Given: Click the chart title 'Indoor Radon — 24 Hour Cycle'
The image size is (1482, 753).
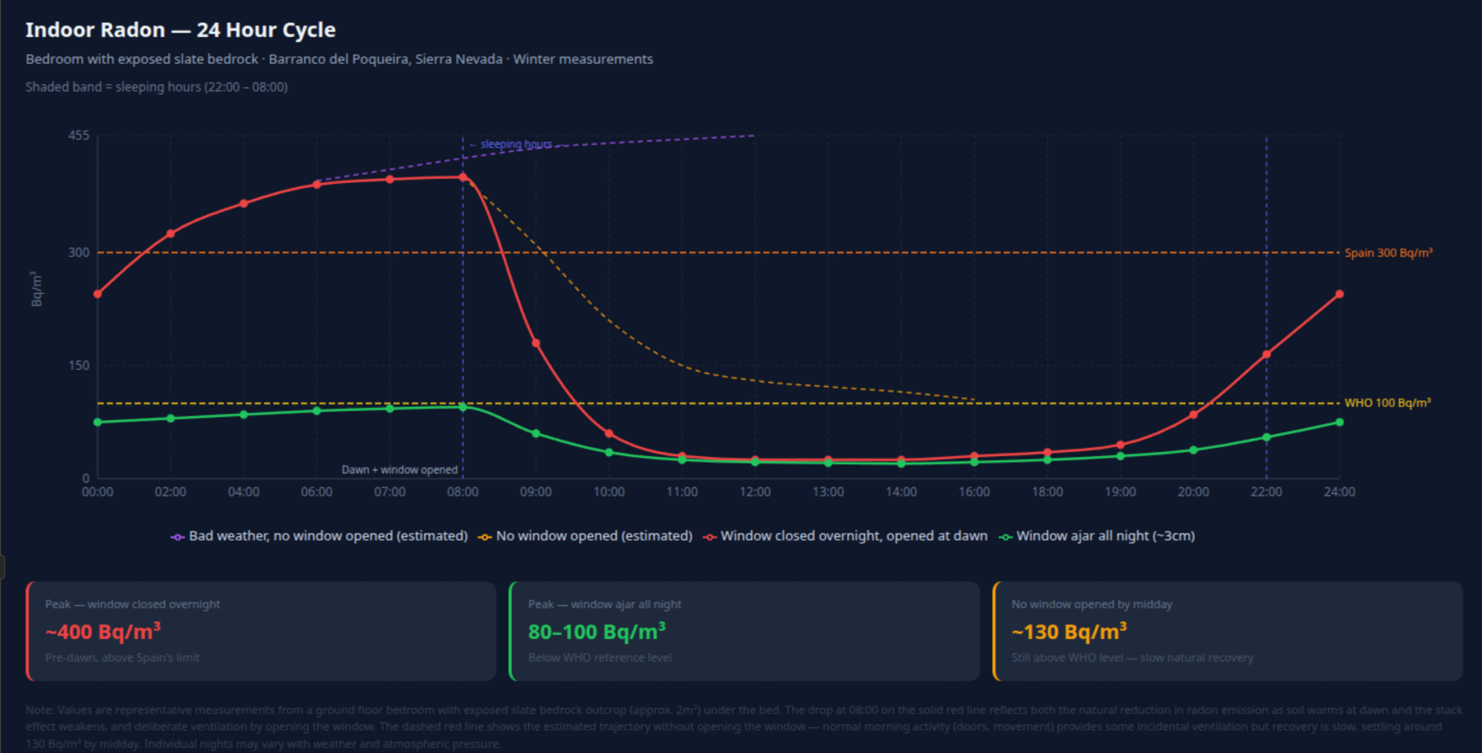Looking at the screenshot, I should point(180,30).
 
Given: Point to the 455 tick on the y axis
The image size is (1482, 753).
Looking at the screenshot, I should point(79,135).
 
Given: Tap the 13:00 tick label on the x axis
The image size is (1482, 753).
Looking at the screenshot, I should point(828,492).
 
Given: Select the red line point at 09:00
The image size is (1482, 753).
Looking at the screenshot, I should point(536,343).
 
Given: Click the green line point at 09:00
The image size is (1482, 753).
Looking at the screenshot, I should point(536,434).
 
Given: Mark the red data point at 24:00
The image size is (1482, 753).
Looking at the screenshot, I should point(1339,294).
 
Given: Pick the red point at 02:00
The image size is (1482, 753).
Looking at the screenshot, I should point(171,234).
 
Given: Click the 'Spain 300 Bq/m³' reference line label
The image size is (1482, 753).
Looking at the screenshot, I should point(1388,253).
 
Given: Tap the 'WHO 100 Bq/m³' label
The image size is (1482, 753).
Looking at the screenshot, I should point(1387,403).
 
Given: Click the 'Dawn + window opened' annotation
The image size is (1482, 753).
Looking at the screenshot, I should point(399,470).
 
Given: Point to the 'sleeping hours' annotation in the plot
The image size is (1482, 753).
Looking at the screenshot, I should point(515,144).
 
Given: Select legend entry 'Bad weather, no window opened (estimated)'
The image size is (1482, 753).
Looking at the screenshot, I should point(328,536).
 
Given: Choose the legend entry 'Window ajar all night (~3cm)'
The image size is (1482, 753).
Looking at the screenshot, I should point(1105,536).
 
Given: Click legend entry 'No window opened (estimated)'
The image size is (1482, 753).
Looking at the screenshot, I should point(594,536).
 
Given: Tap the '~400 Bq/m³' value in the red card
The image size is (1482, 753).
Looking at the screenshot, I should point(103,631).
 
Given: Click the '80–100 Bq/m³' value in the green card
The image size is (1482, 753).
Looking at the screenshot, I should point(597,631).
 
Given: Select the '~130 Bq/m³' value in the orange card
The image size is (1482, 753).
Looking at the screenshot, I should point(1069,631).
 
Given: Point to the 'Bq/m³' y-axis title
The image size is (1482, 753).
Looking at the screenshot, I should point(36,289).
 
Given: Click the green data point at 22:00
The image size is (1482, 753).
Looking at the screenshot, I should point(1266,438).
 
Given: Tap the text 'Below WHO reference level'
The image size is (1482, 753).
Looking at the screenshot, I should point(600,658).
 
